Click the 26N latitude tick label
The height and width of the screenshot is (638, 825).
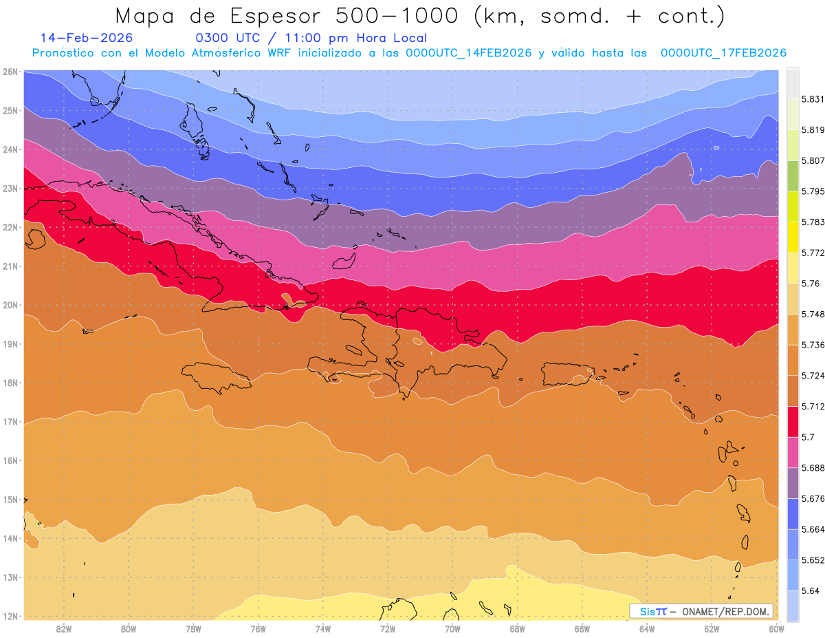point(10,72)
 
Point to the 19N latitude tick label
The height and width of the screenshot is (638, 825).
point(10,344)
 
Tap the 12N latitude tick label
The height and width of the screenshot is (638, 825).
point(10,617)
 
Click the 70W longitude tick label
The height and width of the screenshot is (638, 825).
point(452,628)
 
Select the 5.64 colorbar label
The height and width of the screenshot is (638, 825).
point(810,591)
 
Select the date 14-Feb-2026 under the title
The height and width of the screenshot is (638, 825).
point(87,38)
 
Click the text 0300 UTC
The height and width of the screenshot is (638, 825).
point(228,38)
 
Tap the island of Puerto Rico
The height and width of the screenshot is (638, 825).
point(567,374)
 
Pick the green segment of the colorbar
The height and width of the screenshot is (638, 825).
point(793,176)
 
